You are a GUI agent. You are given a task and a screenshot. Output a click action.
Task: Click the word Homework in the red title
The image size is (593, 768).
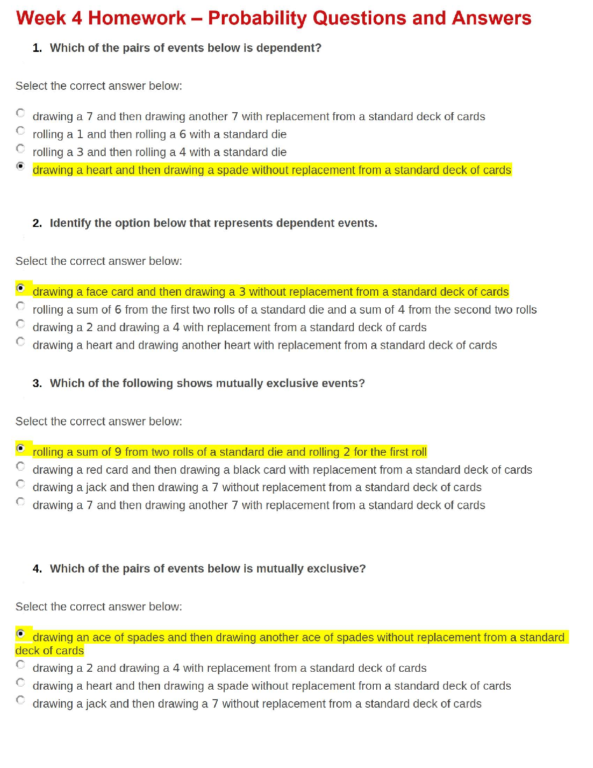pos(137,18)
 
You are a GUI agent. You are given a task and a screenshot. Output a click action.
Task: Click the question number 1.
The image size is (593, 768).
pos(37,48)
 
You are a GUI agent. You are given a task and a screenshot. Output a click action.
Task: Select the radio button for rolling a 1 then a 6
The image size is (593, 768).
pos(20,131)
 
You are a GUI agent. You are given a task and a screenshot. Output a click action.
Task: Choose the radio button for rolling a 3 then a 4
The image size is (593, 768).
pos(20,149)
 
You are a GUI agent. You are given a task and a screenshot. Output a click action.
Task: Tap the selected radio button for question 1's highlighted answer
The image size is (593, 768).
pos(20,166)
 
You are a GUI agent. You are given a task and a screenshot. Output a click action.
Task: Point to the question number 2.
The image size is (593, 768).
pos(37,223)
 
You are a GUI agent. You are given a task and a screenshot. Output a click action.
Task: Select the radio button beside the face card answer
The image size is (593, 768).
pos(20,288)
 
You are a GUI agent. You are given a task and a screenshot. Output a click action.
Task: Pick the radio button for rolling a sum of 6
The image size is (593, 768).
pos(20,306)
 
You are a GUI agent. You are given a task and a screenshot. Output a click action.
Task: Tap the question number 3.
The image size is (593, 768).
pos(37,383)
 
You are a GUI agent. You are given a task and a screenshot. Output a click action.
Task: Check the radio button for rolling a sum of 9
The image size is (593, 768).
pos(20,448)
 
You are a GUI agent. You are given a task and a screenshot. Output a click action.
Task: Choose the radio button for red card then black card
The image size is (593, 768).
pos(20,466)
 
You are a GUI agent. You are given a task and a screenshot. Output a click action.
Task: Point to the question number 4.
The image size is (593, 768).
pos(37,569)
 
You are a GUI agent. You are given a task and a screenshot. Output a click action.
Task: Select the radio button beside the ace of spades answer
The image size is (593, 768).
pos(20,634)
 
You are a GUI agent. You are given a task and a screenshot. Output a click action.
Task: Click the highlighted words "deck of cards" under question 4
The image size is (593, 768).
pos(49,651)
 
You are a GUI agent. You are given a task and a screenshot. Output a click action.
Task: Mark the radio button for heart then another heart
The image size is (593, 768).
pos(20,342)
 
